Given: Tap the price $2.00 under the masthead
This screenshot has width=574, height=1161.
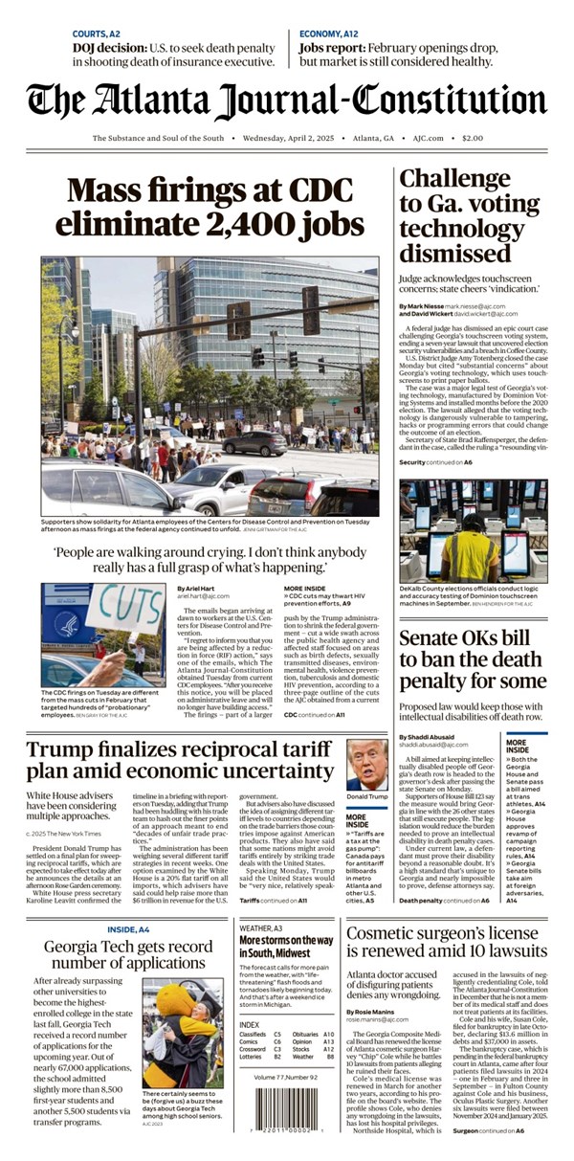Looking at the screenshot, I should (x=473, y=139).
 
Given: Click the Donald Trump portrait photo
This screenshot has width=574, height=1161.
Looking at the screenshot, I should (x=366, y=765).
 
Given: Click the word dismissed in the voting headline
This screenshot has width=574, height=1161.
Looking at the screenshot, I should (x=454, y=254).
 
